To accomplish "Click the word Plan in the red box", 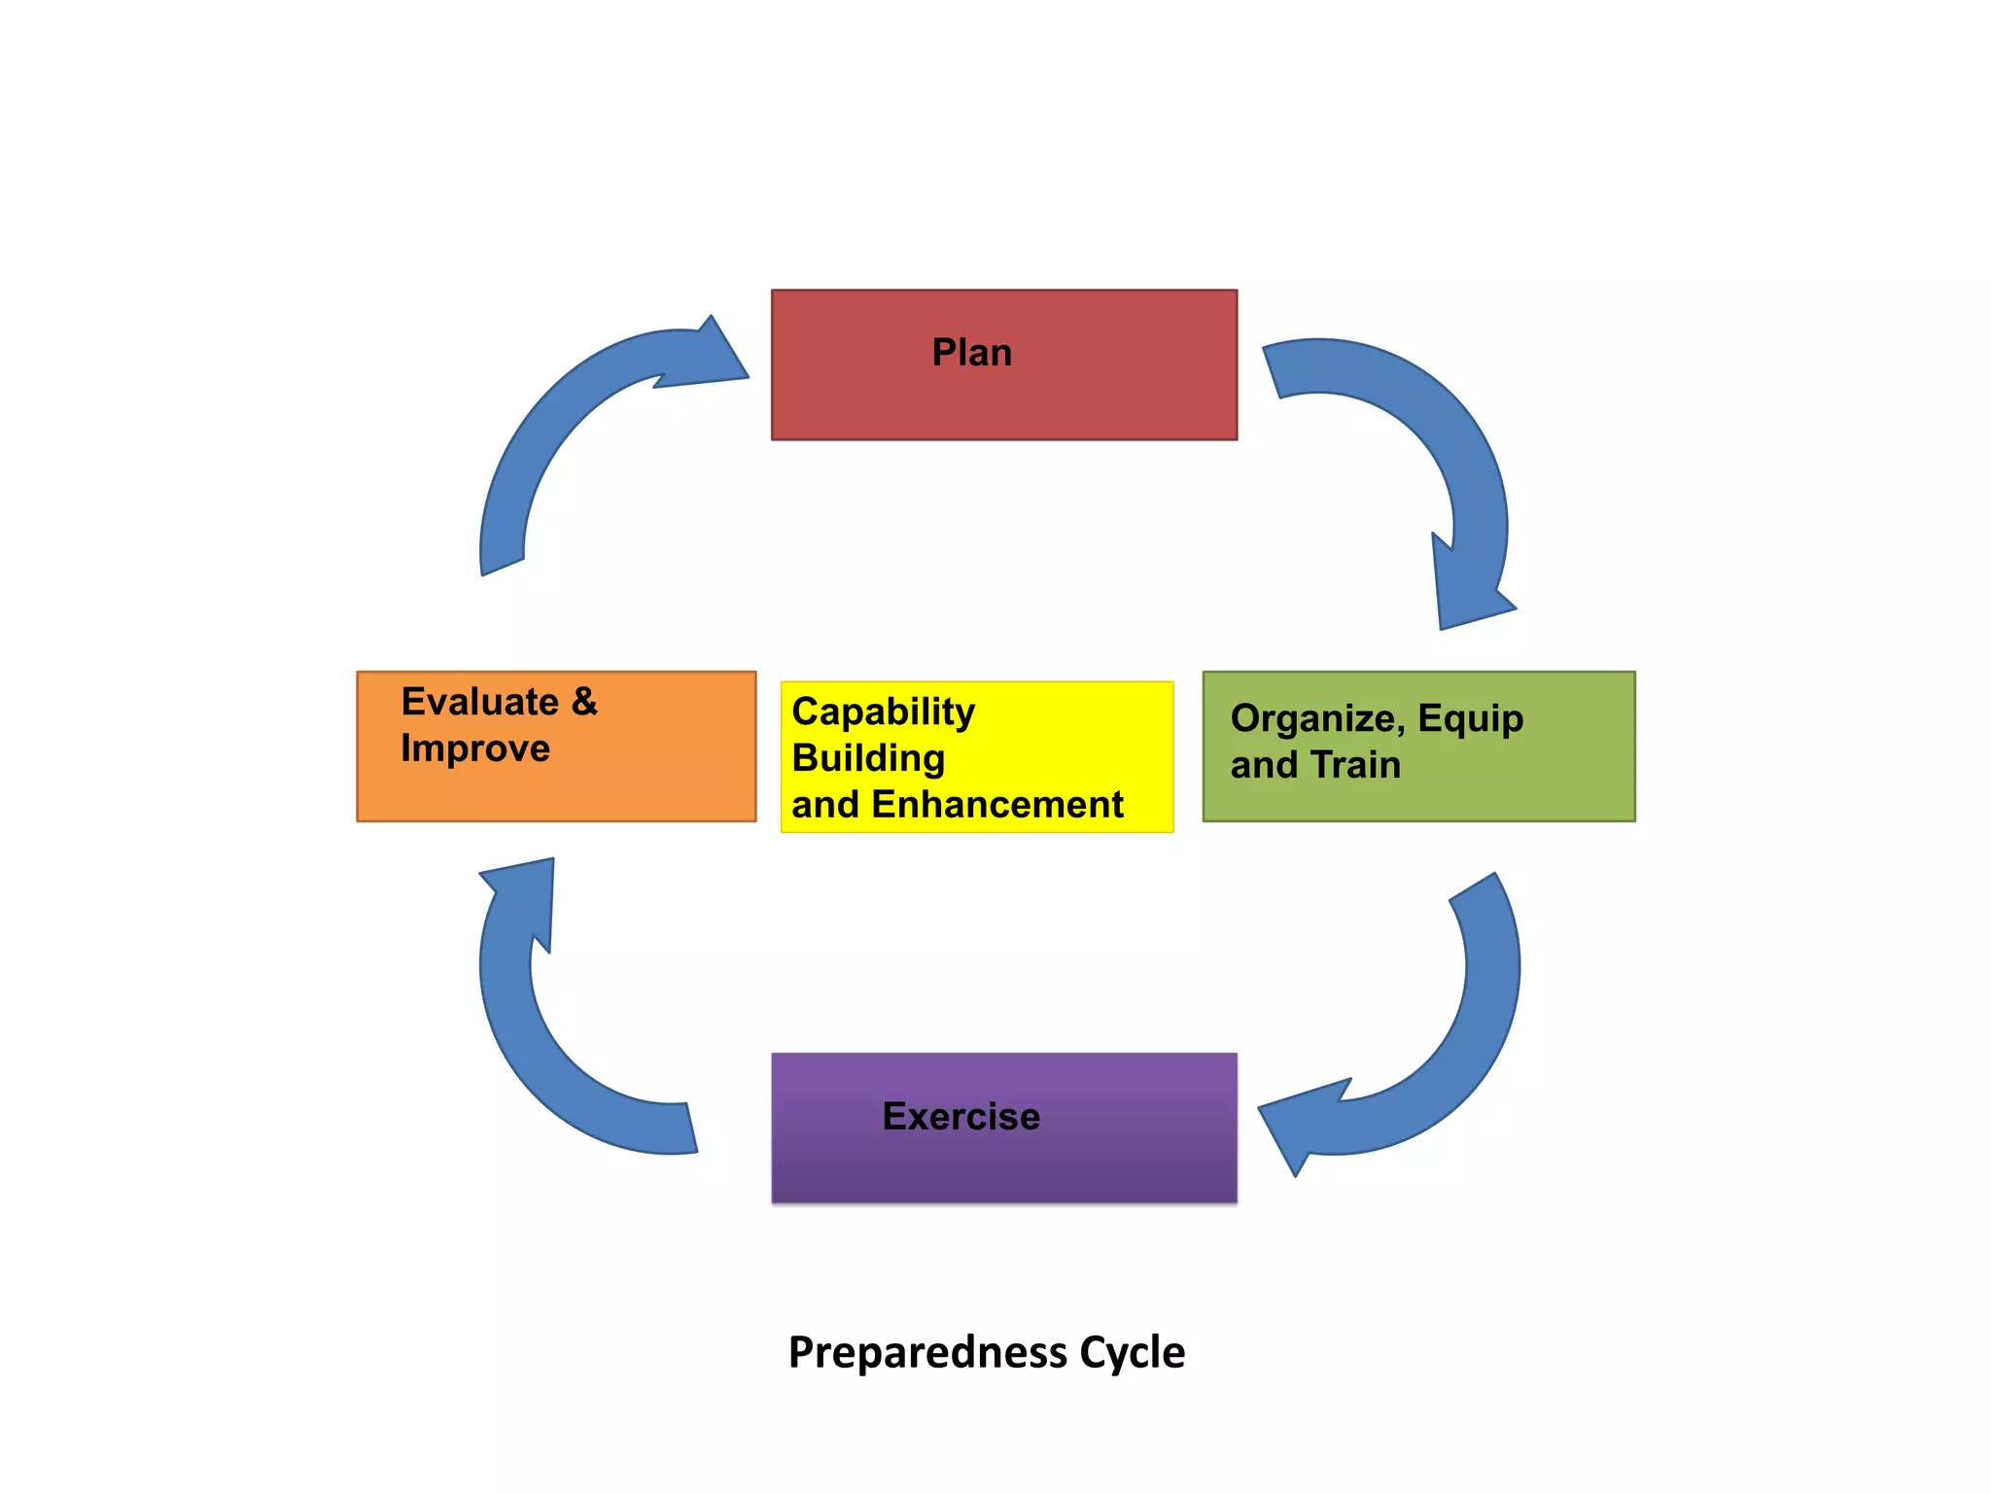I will click(x=971, y=353).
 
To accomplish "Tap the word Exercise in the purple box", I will click(x=961, y=1117).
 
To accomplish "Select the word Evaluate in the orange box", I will click(x=479, y=702).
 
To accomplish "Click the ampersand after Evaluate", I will click(x=584, y=702).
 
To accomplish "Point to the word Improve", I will click(x=475, y=748).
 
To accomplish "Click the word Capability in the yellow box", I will click(x=883, y=712).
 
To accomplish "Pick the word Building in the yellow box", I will click(x=868, y=759).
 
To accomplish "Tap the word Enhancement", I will click(x=997, y=805).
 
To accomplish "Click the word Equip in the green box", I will click(x=1470, y=719).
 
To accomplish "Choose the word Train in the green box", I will click(x=1355, y=765).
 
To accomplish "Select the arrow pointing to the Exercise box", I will click(x=1458, y=1050).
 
